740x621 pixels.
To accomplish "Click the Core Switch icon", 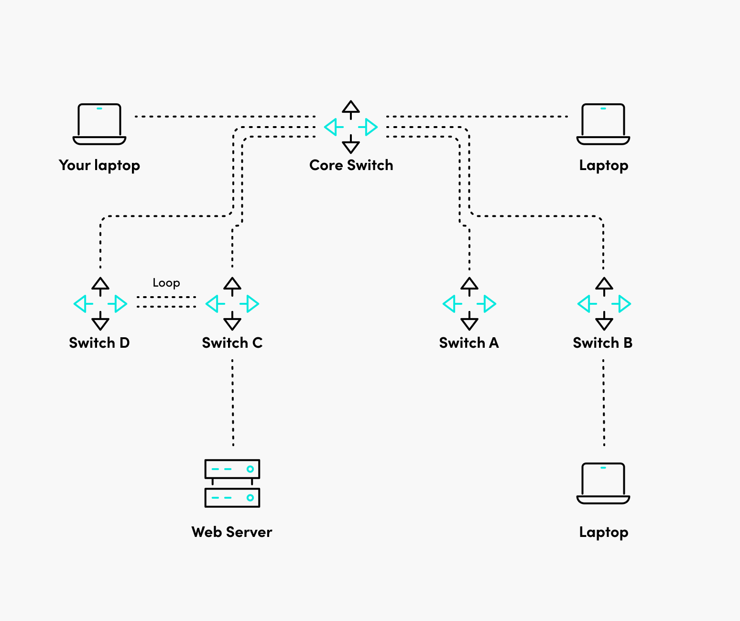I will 351,127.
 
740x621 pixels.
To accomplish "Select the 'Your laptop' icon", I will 99,124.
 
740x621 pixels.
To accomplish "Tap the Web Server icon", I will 232,483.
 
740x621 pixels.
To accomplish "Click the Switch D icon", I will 100,304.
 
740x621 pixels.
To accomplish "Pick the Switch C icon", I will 232,304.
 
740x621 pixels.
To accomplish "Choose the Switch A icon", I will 469,304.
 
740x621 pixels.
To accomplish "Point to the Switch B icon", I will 604,304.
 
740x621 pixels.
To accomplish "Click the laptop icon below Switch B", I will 603,483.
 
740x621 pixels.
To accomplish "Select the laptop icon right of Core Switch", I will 603,124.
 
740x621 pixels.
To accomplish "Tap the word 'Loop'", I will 166,283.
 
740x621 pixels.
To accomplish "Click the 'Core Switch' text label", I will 351,165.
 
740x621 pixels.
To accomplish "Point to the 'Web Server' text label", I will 232,532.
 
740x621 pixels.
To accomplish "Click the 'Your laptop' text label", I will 99,165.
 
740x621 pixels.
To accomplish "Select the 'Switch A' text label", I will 469,343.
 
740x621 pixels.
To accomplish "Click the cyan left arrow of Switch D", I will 82,304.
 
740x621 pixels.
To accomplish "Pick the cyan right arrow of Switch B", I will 623,304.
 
